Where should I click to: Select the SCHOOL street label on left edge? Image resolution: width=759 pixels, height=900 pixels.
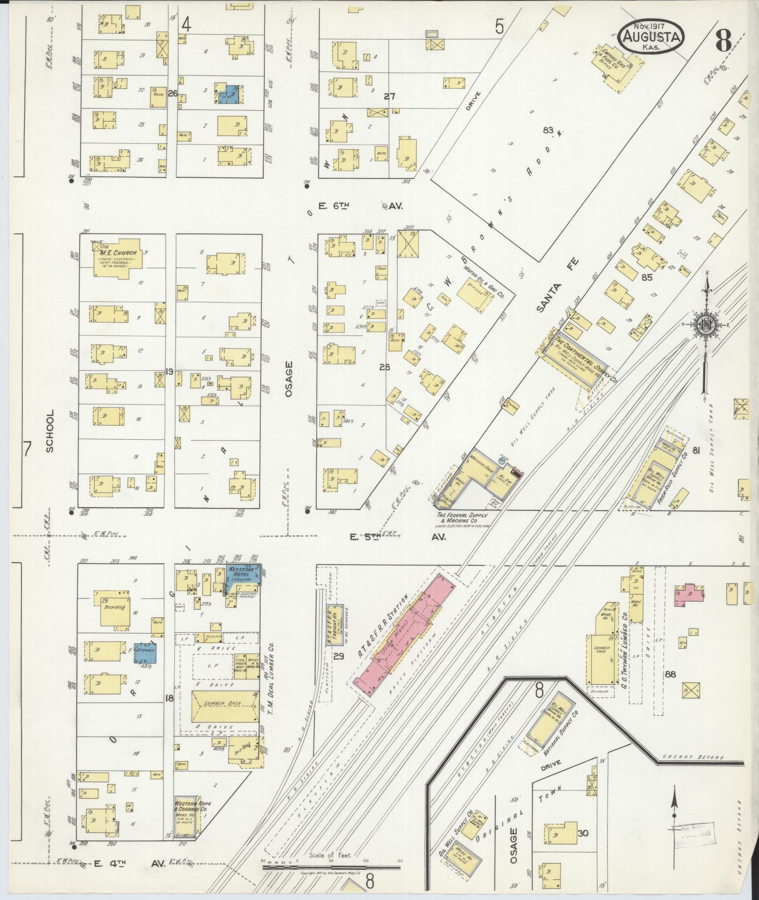[x=50, y=430]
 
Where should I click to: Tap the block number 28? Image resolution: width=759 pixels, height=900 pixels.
[x=385, y=367]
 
